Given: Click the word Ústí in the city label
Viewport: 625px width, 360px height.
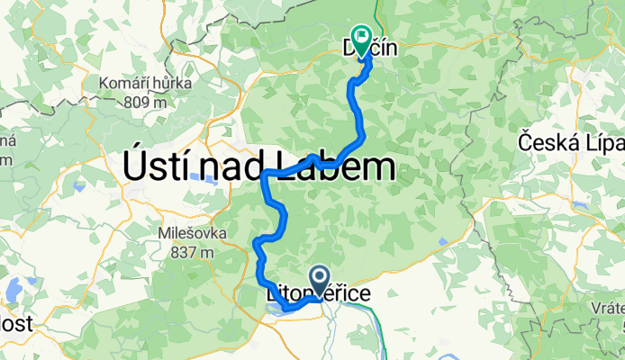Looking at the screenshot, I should (158, 167).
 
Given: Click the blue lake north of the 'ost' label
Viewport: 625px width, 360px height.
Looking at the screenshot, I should (14, 291).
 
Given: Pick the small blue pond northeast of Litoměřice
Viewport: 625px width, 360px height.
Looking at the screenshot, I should (441, 240).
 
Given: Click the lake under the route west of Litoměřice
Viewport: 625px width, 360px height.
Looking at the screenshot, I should (276, 311).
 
